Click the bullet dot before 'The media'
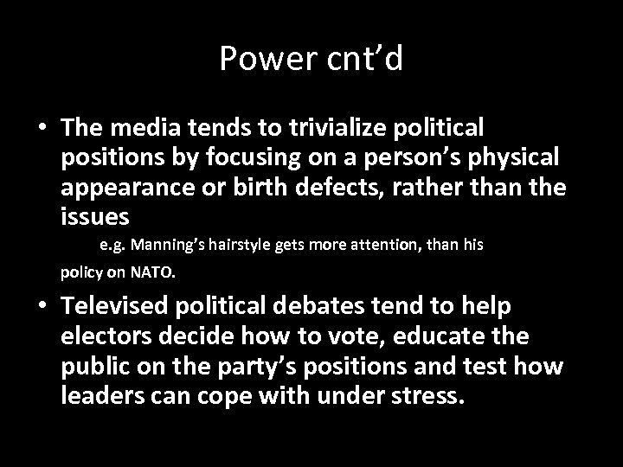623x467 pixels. click(42, 128)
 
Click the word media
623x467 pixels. click(134, 128)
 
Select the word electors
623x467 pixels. click(102, 336)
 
